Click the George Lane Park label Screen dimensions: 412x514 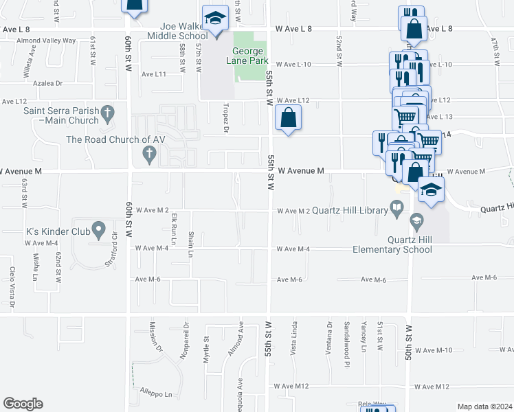tap(248, 56)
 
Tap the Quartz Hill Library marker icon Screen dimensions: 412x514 tap(396, 207)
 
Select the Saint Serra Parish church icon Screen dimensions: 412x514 tap(107, 111)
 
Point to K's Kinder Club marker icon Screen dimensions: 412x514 tap(99, 229)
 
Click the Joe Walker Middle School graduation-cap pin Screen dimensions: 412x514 tap(216, 19)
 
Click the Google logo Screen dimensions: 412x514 tap(23, 404)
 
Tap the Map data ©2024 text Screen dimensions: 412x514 tap(484, 407)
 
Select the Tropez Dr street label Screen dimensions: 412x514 tap(225, 117)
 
